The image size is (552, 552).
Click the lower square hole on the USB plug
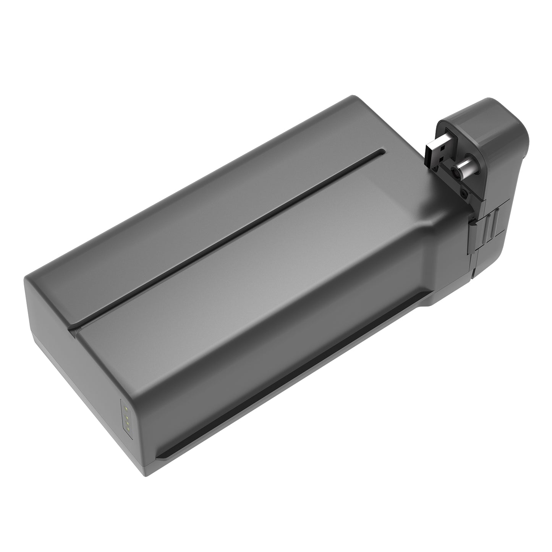(439, 158)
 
